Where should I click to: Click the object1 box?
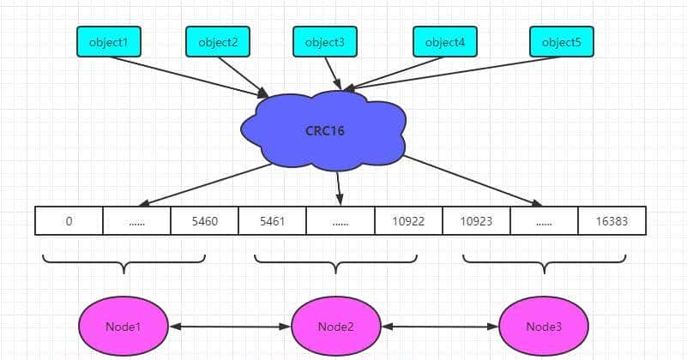click(x=108, y=41)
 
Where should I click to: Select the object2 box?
click(x=218, y=41)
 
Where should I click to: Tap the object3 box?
click(x=325, y=41)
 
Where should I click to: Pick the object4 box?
click(x=444, y=41)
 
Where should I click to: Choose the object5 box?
click(x=561, y=41)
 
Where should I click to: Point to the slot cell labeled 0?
click(x=69, y=220)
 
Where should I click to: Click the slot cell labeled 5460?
click(x=204, y=220)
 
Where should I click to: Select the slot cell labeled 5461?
click(x=272, y=220)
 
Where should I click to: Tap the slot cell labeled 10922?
click(x=408, y=220)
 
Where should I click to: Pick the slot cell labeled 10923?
click(x=476, y=220)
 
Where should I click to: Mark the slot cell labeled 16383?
click(x=612, y=220)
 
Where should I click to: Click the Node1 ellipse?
click(x=124, y=327)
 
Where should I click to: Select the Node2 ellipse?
click(x=335, y=327)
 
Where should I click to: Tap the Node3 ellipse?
click(x=544, y=327)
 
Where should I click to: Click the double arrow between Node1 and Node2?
click(x=230, y=327)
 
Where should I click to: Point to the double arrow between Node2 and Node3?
click(x=440, y=327)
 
